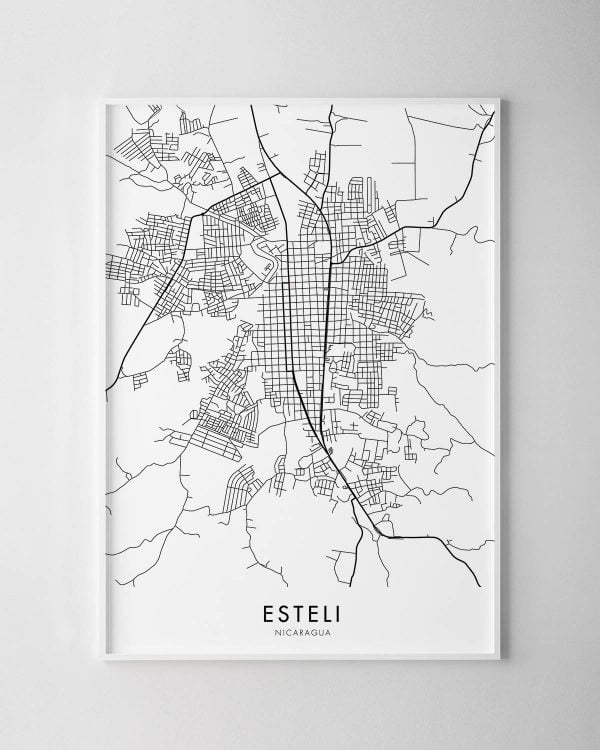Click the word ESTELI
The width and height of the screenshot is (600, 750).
[300, 612]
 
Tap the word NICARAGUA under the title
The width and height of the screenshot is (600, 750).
[300, 633]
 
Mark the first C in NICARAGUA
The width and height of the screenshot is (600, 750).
[286, 633]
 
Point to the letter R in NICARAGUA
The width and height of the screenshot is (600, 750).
[300, 633]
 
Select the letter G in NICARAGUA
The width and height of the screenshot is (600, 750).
[313, 633]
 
